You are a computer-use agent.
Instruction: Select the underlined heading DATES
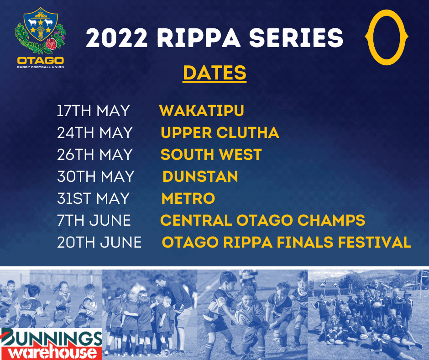point(214,73)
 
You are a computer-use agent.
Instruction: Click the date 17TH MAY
point(93,111)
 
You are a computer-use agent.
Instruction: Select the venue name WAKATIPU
point(202,111)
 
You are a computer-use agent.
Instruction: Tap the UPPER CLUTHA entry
point(220,132)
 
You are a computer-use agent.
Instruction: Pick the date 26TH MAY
point(95,154)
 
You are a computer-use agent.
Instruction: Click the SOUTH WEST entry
point(211,154)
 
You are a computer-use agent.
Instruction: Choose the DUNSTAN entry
point(200,176)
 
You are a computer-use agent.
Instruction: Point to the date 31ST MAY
point(93,198)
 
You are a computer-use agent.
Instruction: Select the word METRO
point(188,198)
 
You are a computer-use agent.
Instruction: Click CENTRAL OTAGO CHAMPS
point(262,220)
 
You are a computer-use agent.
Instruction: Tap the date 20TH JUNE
point(99,242)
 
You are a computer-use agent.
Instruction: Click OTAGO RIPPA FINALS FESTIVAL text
point(287,242)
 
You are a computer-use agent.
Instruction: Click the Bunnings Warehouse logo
point(51,343)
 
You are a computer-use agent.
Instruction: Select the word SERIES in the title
point(297,38)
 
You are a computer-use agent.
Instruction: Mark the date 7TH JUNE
point(94,220)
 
